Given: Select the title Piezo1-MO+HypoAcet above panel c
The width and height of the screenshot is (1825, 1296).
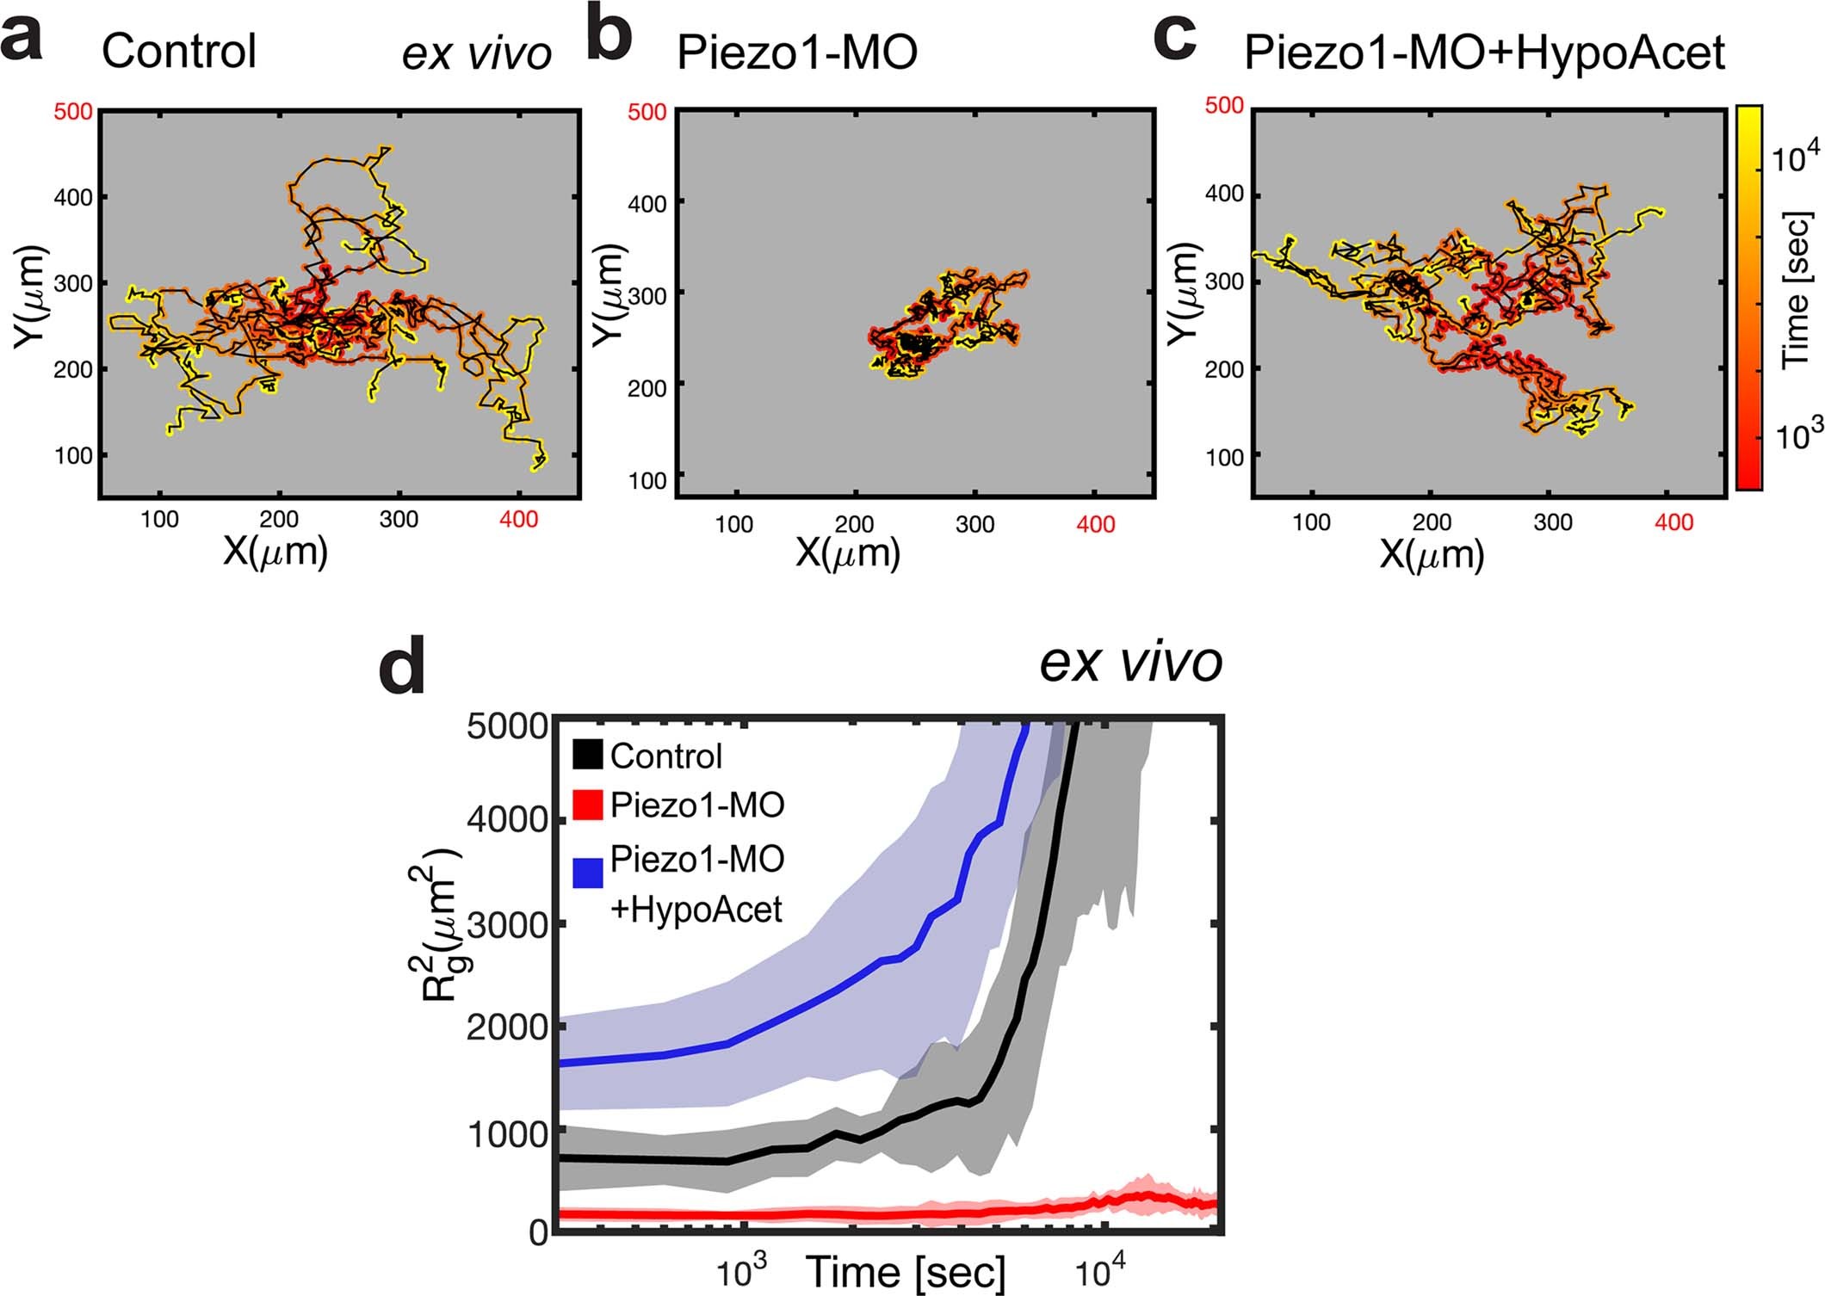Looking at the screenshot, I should pyautogui.click(x=1484, y=54).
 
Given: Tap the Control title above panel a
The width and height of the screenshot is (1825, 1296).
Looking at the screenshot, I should pyautogui.click(x=179, y=52).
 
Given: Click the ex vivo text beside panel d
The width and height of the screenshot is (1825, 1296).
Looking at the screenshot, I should pyautogui.click(x=1130, y=663).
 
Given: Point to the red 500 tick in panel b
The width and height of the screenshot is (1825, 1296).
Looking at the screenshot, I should pyautogui.click(x=647, y=114).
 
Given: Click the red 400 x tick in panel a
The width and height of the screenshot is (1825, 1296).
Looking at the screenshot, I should pyautogui.click(x=518, y=519).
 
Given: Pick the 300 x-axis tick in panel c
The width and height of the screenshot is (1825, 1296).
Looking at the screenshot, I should pyautogui.click(x=1553, y=522).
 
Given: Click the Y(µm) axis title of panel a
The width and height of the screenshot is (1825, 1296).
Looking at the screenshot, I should pyautogui.click(x=29, y=298).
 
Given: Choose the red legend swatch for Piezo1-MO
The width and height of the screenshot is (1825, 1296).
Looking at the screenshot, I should pyautogui.click(x=587, y=805).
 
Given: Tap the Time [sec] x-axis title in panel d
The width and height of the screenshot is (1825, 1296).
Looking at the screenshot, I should pyautogui.click(x=906, y=1271).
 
